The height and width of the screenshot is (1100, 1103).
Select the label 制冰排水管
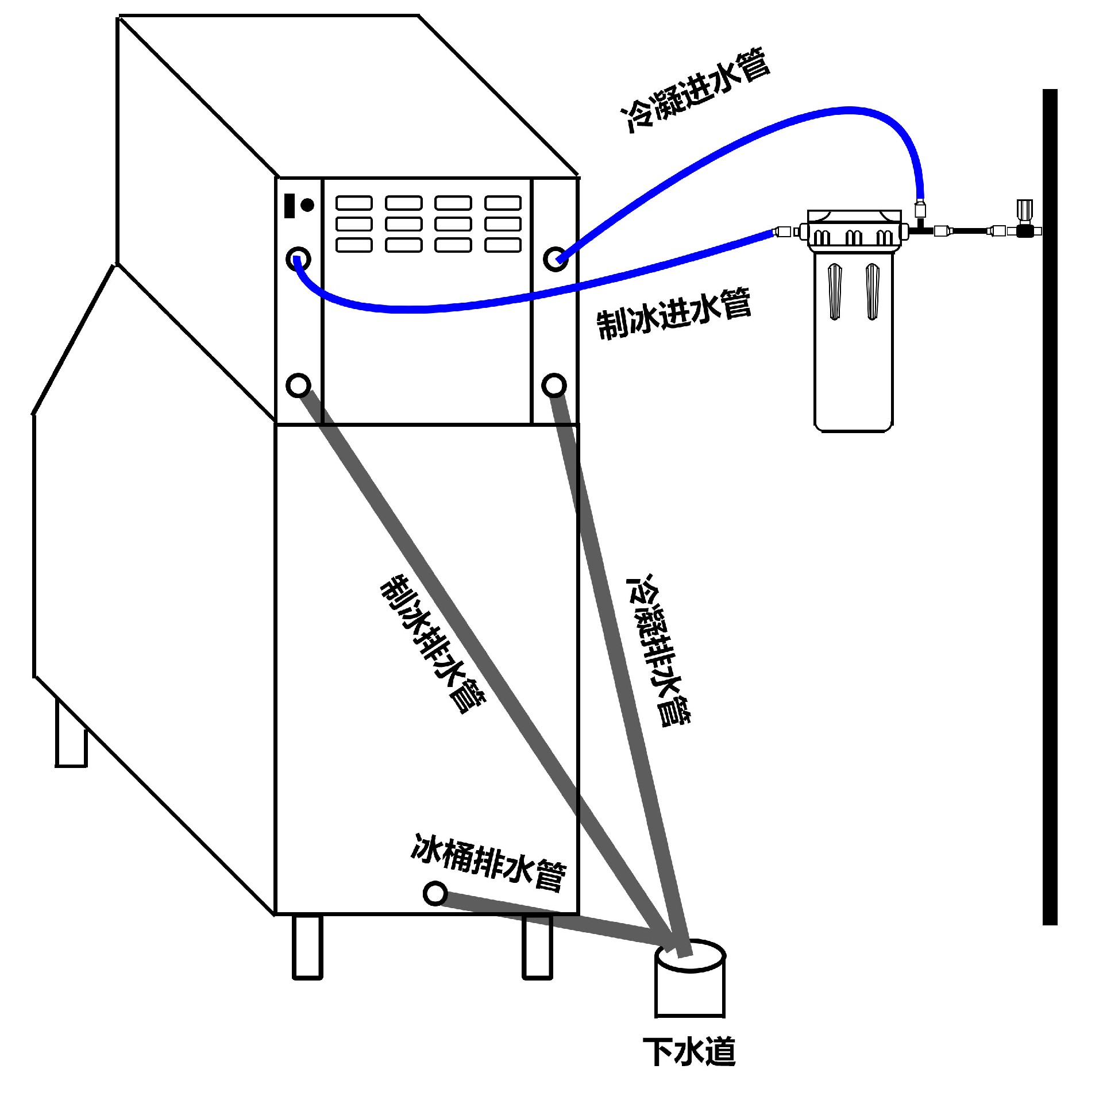pos(433,643)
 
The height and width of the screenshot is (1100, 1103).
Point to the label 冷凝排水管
pos(660,649)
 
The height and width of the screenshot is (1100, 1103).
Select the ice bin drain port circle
pos(435,893)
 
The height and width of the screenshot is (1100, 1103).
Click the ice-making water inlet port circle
pos(298,259)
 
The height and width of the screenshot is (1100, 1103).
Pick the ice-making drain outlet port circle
pos(298,385)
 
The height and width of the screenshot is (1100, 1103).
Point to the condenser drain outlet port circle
pos(554,385)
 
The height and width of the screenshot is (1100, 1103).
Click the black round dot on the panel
pos(307,204)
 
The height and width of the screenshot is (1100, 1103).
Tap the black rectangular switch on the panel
pos(290,205)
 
